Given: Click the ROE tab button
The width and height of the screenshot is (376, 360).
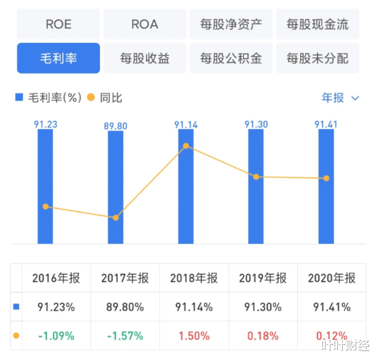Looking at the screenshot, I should [58, 24].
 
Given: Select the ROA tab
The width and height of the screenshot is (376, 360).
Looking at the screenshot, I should [144, 24].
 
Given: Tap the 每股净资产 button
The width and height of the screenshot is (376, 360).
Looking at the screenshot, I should [231, 24].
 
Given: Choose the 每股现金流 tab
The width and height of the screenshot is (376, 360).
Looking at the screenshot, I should [318, 24].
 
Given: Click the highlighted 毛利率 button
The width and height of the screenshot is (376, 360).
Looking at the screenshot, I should [58, 58].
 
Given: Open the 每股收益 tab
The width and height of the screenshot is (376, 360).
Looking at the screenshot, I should [144, 58].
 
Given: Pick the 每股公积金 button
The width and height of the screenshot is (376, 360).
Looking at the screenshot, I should [231, 58].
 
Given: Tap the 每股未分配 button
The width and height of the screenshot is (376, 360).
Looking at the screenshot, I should [318, 58].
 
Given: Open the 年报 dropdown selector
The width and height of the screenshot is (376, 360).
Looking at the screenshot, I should [340, 98].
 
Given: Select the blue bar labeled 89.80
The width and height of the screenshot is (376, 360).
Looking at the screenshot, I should [116, 187].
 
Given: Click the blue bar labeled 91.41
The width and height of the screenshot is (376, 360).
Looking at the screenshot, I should [326, 187].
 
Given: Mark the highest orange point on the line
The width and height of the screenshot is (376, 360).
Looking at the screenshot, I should [186, 146].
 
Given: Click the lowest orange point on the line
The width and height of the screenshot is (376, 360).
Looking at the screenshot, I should [116, 217].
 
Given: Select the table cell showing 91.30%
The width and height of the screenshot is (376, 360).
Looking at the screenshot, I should [263, 306].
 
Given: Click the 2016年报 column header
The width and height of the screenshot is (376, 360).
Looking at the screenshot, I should [56, 278].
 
